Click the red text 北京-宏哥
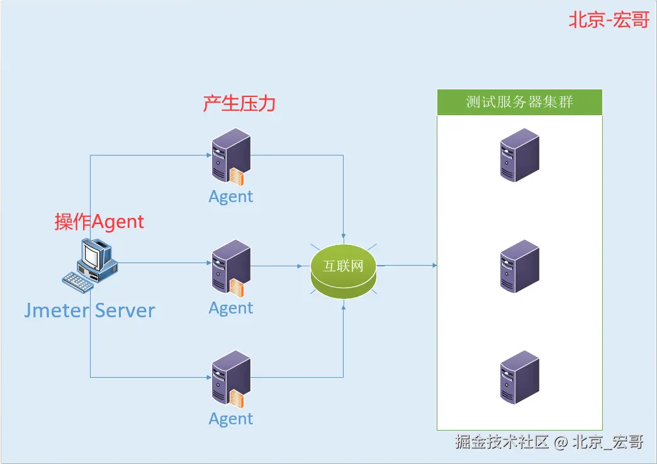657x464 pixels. [609, 20]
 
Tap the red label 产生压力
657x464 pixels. [239, 103]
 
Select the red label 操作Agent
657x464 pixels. [99, 222]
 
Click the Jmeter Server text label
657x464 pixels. [89, 310]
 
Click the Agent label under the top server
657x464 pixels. [231, 196]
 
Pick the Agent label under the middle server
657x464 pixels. [231, 308]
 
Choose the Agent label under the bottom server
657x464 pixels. [231, 419]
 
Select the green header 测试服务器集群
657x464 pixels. [519, 102]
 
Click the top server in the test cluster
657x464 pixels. [519, 155]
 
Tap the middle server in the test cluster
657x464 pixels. [519, 266]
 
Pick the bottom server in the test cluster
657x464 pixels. [519, 377]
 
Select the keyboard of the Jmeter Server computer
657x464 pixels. [79, 281]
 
